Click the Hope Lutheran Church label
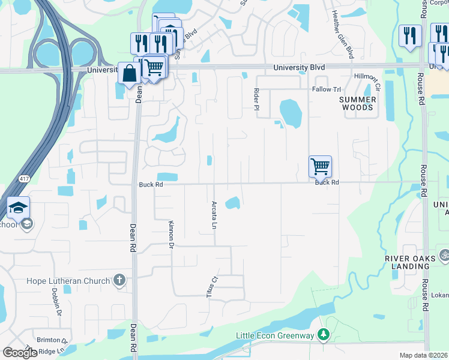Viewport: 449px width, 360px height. [68, 281]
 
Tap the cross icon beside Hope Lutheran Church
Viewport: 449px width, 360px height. [119, 280]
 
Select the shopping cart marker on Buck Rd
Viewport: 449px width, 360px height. [320, 166]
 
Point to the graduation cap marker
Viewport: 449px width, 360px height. [19, 208]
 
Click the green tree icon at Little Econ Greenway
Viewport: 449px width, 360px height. [324, 334]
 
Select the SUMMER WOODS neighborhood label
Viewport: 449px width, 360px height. [357, 103]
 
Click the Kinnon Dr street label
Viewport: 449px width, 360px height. [171, 233]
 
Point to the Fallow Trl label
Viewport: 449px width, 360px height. [326, 89]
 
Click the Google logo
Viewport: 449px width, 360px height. [20, 353]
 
